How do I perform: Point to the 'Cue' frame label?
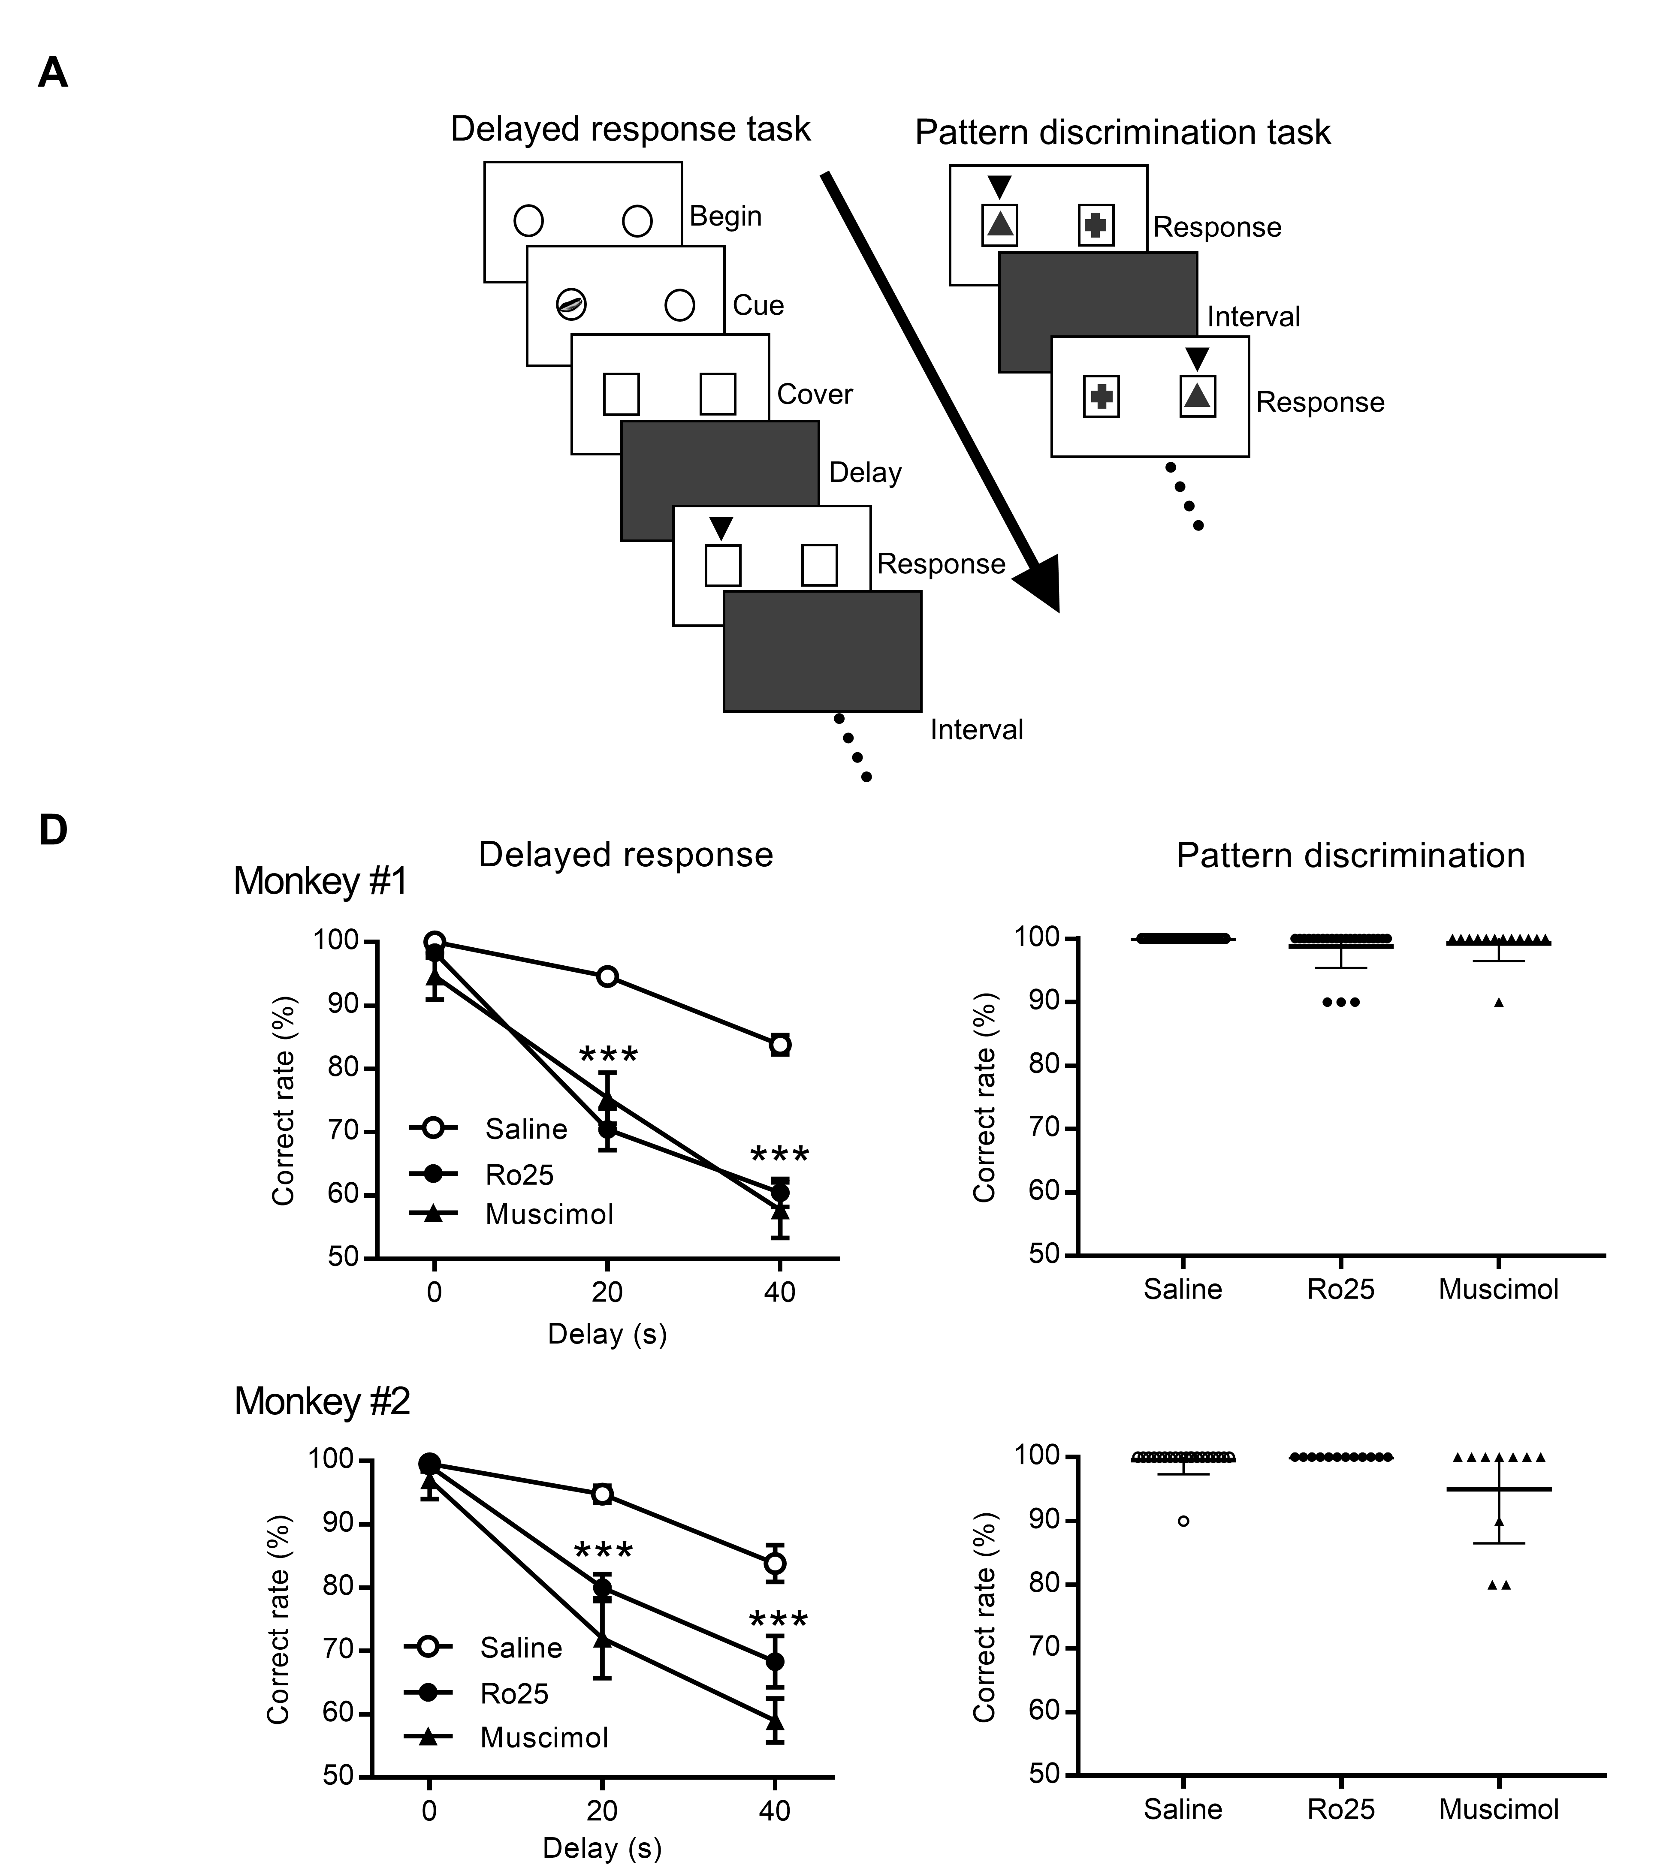pos(758,305)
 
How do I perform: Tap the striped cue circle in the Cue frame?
pos(571,304)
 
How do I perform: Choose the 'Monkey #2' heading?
pos(322,1402)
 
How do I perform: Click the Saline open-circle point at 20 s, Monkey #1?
pos(607,976)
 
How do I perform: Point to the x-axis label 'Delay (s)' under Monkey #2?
pos(602,1848)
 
